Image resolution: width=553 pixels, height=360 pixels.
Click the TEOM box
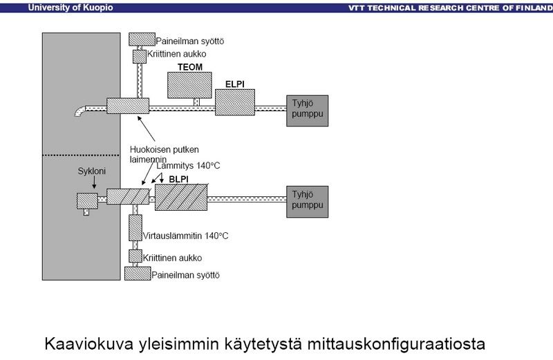pyautogui.click(x=190, y=86)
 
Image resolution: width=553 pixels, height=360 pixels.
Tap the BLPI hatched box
pyautogui.click(x=182, y=198)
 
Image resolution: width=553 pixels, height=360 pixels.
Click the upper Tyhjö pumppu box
pyautogui.click(x=308, y=111)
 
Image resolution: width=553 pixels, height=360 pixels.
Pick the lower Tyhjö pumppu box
pyautogui.click(x=308, y=200)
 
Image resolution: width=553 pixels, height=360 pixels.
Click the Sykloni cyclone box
pyautogui.click(x=87, y=200)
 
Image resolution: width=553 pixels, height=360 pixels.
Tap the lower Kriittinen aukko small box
pyautogui.click(x=135, y=257)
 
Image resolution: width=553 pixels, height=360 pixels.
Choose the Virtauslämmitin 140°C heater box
pyautogui.click(x=135, y=227)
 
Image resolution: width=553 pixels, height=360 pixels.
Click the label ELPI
pyautogui.click(x=235, y=84)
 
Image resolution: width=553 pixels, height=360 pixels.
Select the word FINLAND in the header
pyautogui.click(x=526, y=8)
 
